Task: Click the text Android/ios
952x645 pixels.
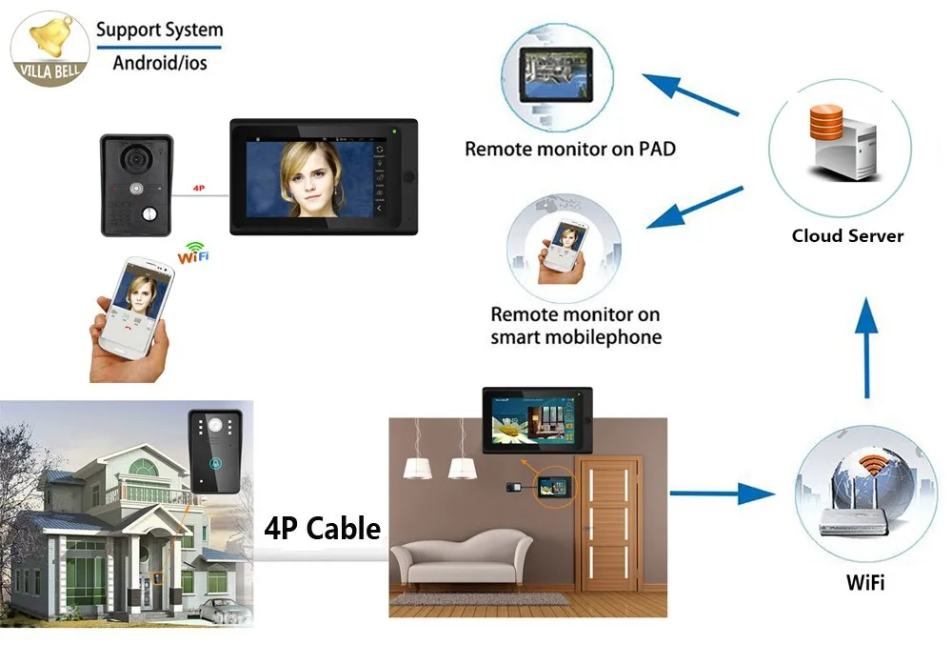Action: coord(160,63)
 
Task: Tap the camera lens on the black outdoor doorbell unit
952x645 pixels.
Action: coord(135,159)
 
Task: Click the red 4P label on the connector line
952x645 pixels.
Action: coord(199,189)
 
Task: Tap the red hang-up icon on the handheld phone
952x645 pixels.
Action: coord(129,329)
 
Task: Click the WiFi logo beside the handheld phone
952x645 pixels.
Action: coord(193,252)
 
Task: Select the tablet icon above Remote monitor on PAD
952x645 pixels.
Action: coord(556,74)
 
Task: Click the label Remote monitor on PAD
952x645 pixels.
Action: coord(570,149)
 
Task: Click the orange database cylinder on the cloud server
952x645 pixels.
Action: coord(825,123)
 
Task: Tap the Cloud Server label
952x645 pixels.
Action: coord(847,235)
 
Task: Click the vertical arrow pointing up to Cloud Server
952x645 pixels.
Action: coord(866,348)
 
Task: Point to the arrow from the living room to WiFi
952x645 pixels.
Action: coord(723,494)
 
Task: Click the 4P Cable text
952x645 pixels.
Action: coord(323,529)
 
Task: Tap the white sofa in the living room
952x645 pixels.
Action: coord(462,557)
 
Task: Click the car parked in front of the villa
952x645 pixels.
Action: coord(219,609)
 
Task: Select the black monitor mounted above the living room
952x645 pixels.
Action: coord(537,420)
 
